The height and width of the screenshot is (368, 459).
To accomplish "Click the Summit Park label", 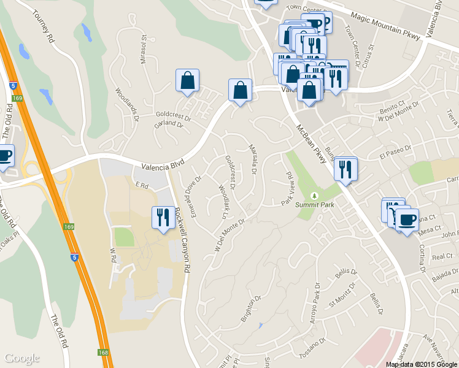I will pos(314,205).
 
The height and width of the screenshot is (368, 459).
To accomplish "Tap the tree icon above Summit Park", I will pos(315,196).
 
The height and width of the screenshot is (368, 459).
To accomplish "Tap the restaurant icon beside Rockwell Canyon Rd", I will pos(161,218).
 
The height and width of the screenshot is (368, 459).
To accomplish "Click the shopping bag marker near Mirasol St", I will pos(187,81).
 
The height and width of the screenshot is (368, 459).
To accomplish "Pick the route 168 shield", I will pos(102,353).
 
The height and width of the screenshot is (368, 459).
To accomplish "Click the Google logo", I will pos(21,358).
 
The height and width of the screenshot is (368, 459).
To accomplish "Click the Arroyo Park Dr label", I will pos(315,299).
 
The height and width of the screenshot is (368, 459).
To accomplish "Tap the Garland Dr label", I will pos(169,124).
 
